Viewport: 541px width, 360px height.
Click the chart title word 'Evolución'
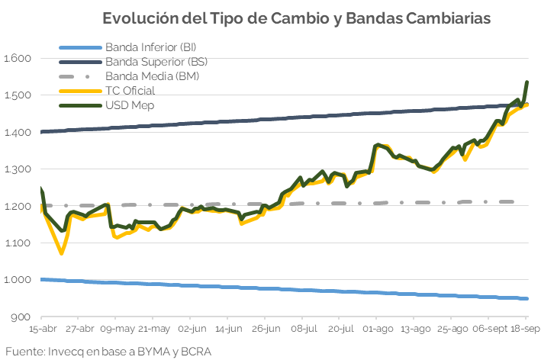tap(138, 18)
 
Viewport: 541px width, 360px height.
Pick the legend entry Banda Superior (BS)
tap(156, 62)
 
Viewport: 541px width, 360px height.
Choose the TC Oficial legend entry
tap(130, 91)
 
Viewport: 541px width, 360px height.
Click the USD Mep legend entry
tap(130, 104)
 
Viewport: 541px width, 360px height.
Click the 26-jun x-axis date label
tap(265, 329)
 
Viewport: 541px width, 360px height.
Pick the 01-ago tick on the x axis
tap(378, 329)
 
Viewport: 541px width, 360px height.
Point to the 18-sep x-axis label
tap(525, 329)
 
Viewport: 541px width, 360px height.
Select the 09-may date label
tap(115, 329)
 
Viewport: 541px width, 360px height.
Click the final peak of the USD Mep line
tap(527, 82)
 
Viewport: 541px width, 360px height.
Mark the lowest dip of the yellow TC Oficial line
tap(62, 253)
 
